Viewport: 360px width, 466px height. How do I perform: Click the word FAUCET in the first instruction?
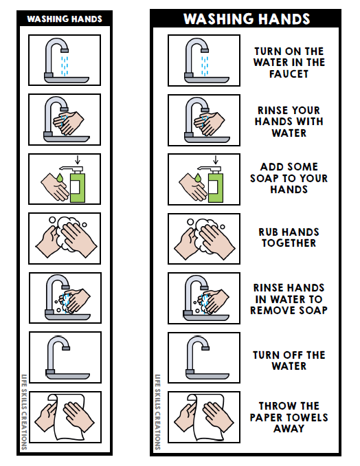click(289, 74)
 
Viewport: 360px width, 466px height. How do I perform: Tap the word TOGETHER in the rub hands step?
click(289, 243)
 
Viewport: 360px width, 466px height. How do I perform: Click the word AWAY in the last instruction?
click(289, 429)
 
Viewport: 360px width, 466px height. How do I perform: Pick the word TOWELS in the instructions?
click(308, 417)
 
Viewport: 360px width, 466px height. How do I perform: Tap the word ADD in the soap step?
click(271, 166)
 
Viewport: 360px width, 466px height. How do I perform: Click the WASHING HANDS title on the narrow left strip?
click(65, 19)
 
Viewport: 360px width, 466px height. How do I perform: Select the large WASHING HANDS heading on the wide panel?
click(245, 19)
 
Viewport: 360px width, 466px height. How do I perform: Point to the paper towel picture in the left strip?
click(65, 417)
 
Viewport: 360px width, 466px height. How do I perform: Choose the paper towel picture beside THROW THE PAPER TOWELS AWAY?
click(204, 417)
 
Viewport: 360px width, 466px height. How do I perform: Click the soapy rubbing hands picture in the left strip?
click(65, 238)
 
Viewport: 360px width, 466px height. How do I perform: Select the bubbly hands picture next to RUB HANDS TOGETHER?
click(204, 238)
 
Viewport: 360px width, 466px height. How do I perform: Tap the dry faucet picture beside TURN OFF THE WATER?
click(204, 357)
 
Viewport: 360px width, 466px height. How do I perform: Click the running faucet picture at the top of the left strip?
click(65, 60)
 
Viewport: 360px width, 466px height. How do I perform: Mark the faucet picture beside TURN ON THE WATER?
click(204, 60)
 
